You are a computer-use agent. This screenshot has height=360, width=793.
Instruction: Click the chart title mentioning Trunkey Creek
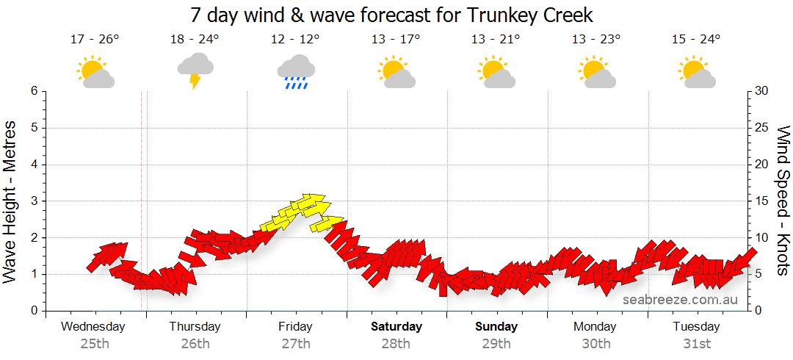click(x=391, y=15)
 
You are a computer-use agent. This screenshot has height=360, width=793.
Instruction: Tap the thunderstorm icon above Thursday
click(x=195, y=70)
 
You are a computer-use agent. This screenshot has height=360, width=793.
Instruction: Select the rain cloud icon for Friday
click(x=296, y=71)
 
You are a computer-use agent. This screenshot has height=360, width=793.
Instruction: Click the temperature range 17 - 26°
click(x=95, y=40)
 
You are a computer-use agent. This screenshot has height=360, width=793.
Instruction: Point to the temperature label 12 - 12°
click(x=295, y=40)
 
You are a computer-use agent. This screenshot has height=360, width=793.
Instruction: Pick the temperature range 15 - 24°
click(x=696, y=40)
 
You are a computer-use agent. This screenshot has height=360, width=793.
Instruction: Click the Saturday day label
click(x=396, y=326)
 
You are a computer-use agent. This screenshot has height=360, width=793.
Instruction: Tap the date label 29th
click(x=496, y=344)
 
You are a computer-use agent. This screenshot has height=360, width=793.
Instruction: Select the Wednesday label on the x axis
click(x=93, y=326)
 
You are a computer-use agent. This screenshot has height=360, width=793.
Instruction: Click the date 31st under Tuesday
click(x=697, y=344)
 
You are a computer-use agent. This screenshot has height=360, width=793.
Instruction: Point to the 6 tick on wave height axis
click(x=33, y=91)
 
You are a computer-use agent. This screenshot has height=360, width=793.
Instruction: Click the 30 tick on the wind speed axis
click(x=761, y=91)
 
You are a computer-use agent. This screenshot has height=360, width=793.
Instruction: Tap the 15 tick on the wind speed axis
click(x=761, y=201)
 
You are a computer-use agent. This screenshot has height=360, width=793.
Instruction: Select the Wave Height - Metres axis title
click(x=12, y=201)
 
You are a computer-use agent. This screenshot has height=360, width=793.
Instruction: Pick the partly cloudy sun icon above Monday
click(x=595, y=71)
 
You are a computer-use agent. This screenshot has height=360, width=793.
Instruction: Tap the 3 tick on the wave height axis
click(x=33, y=201)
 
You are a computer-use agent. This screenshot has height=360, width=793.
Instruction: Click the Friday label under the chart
click(x=295, y=326)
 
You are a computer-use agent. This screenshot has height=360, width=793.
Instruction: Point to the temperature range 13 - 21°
click(x=496, y=40)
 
